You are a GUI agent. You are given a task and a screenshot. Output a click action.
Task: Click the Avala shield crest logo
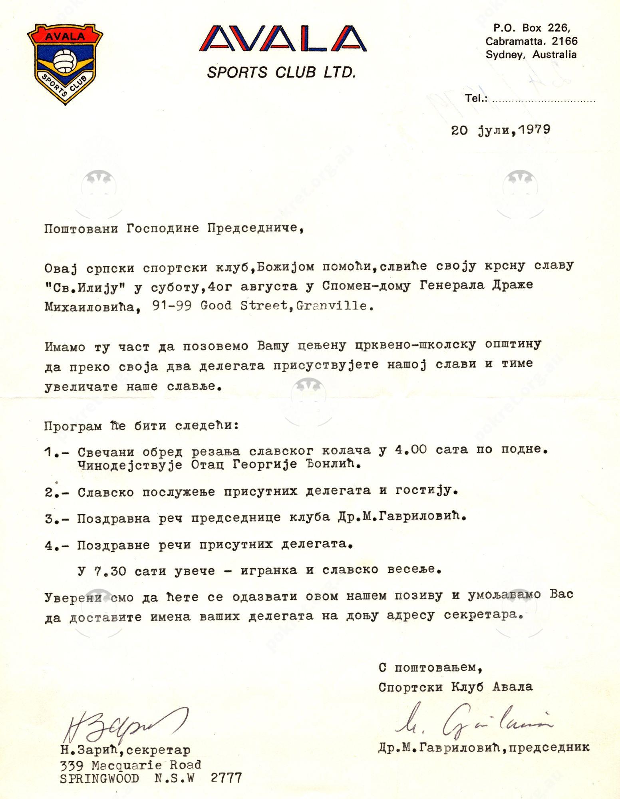coord(65,64)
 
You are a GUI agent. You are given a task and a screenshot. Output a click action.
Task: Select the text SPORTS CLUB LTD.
coord(281,72)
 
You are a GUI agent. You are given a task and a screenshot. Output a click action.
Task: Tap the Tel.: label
coord(476,98)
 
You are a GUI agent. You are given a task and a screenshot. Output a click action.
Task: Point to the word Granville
coord(332,306)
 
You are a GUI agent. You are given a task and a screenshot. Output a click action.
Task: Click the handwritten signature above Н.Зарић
coord(124,723)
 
